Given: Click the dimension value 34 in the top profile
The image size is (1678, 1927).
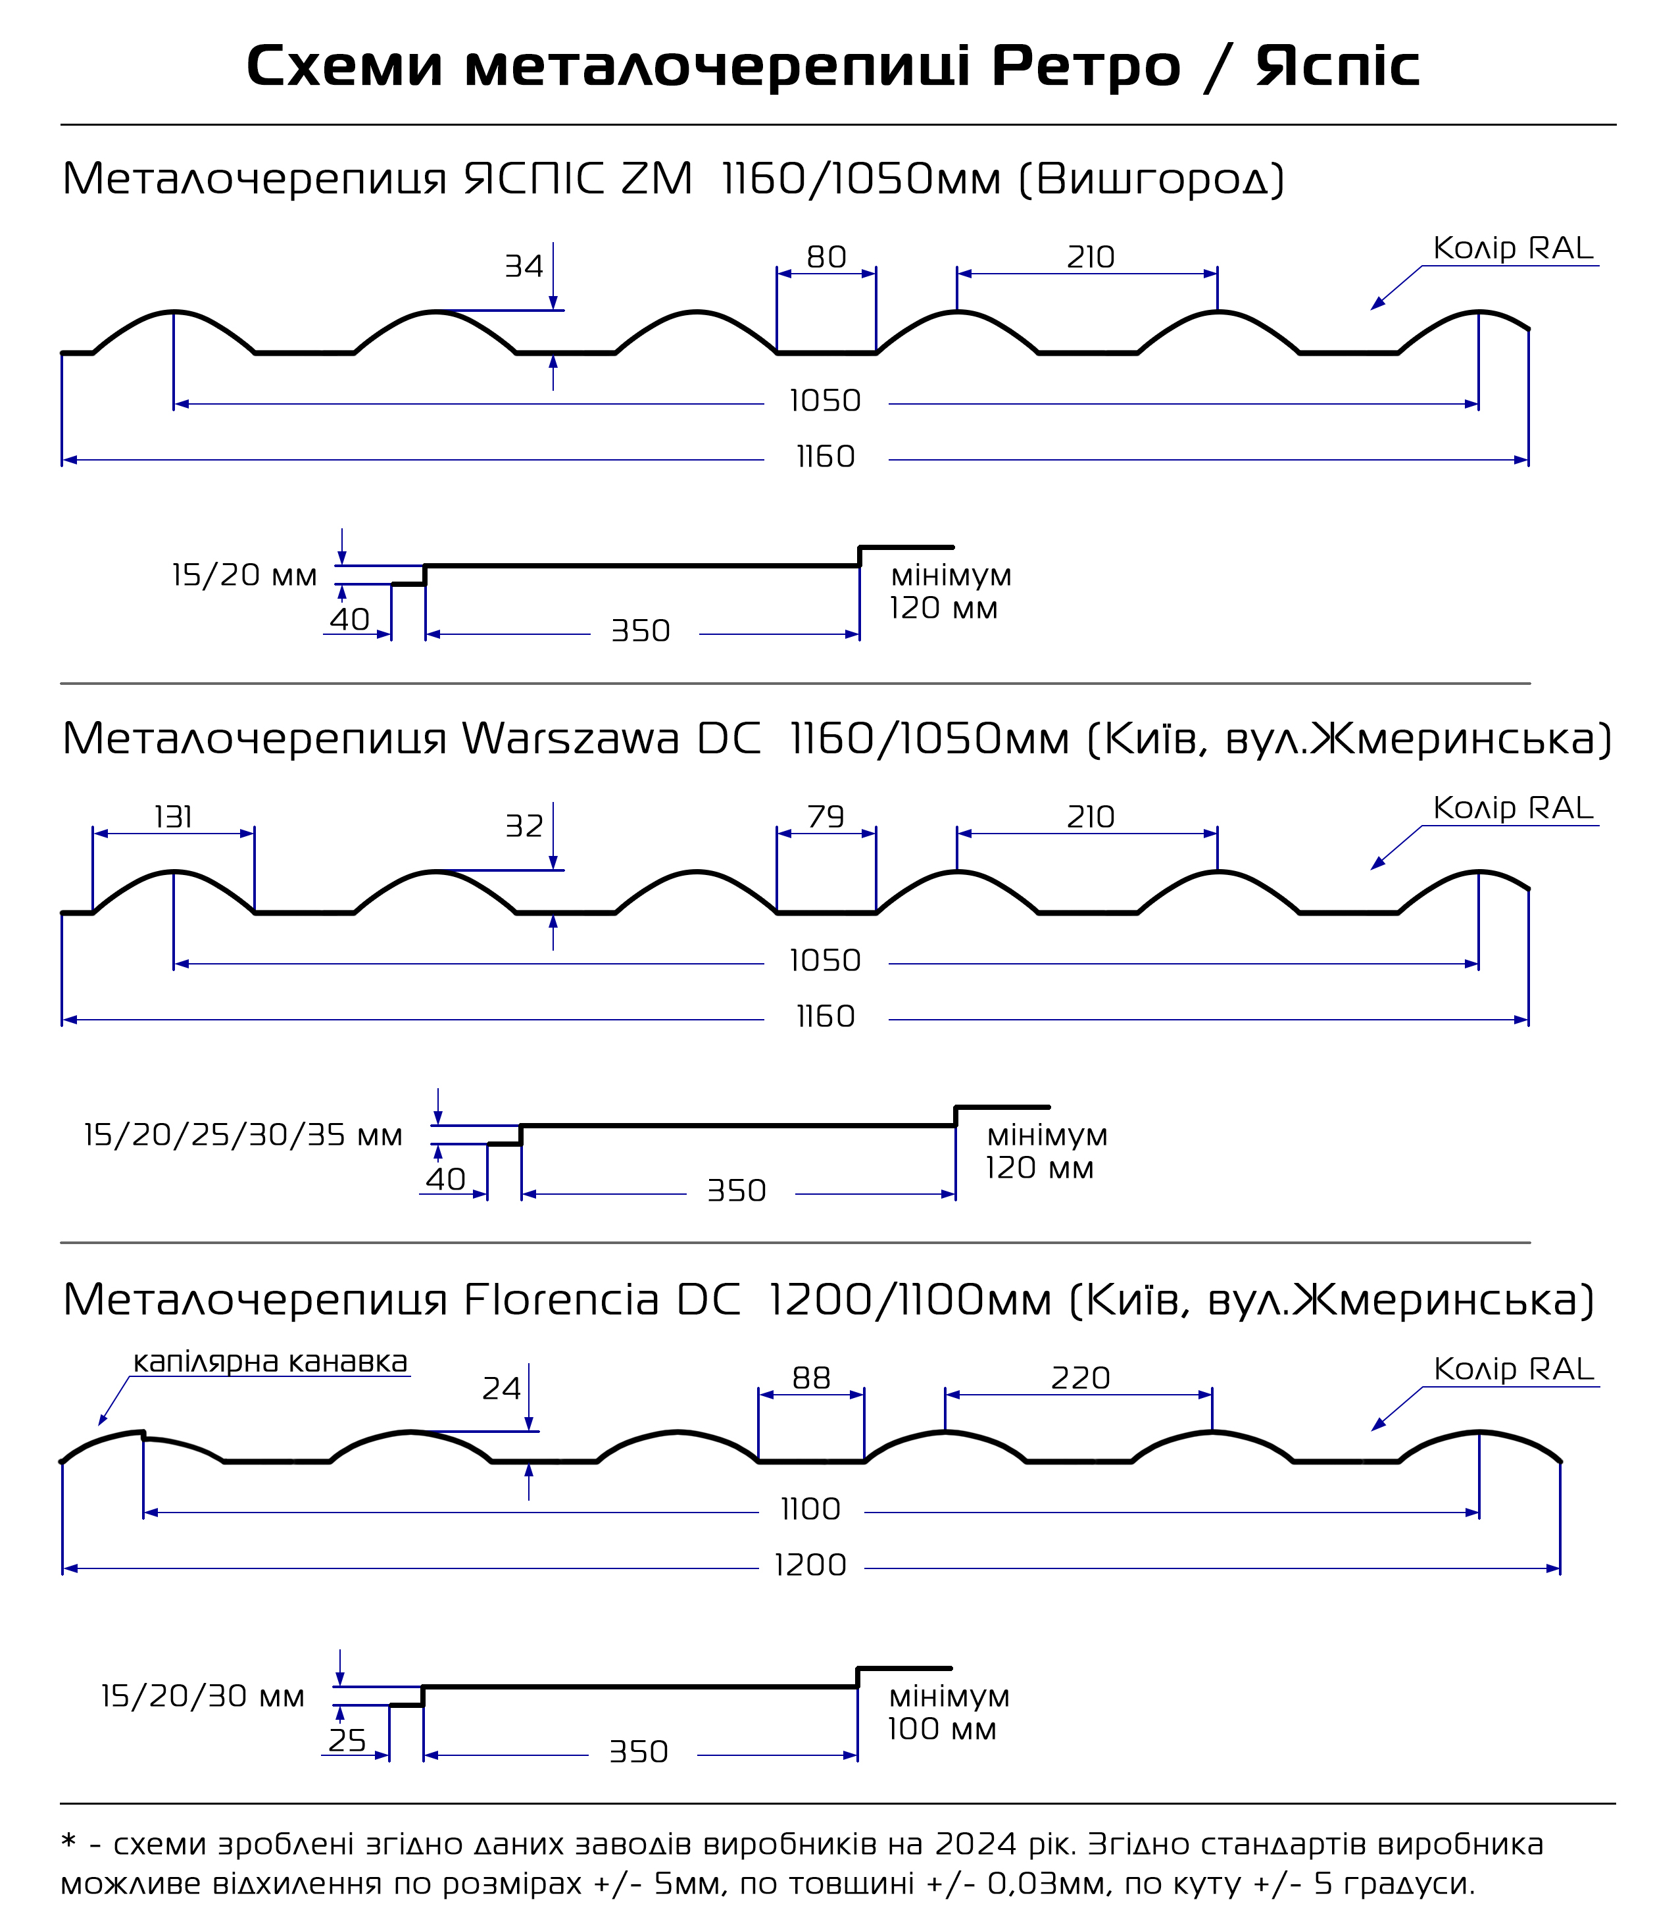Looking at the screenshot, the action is (x=524, y=267).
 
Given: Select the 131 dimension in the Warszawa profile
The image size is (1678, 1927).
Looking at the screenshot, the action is (x=173, y=817).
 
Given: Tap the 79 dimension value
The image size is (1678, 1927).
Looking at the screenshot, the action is (x=826, y=817).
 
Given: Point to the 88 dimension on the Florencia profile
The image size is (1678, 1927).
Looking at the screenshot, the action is (x=811, y=1378).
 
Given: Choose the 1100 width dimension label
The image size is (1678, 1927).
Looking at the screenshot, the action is (x=811, y=1509).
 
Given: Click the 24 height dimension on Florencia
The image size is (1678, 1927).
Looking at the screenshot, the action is (x=501, y=1389).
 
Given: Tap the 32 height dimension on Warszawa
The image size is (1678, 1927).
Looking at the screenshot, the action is (x=524, y=827).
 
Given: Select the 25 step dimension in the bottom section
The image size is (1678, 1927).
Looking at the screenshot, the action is (x=347, y=1741).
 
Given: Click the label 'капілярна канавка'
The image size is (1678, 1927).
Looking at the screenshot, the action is (x=270, y=1363).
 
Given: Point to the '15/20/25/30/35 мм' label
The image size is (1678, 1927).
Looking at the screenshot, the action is (x=243, y=1135).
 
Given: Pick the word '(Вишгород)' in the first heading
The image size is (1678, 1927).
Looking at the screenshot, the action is (x=1151, y=180).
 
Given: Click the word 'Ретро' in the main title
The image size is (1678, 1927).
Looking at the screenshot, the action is (x=1085, y=66).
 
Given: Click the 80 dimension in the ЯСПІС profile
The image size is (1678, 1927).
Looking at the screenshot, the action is (x=826, y=257).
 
